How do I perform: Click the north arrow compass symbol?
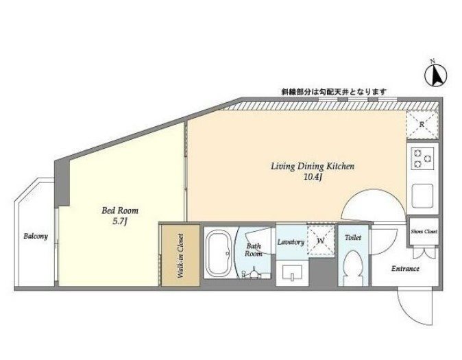pos(435,75)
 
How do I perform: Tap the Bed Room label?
pos(120,211)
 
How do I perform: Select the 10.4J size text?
pos(312,177)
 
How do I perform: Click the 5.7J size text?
pos(120,221)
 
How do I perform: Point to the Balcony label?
pos(36,236)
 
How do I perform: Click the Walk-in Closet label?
pos(180,256)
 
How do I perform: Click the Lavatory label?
pos(291,242)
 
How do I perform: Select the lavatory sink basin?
pos(292,272)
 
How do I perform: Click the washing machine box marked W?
pos(321,240)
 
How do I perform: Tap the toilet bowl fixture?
pos(353,267)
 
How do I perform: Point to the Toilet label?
pos(353,237)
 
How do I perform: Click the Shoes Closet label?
pos(424,232)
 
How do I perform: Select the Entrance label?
pos(405,269)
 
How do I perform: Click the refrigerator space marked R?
pos(422,125)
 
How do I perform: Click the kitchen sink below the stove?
pos(422,195)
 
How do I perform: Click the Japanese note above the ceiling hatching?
pos(333,92)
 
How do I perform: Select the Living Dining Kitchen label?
pos(313,166)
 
